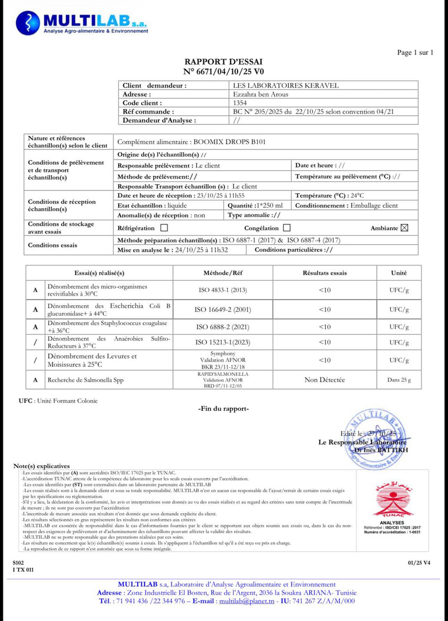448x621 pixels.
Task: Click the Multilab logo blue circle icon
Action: click(29, 22)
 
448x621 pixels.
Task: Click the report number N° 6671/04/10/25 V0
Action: click(223, 72)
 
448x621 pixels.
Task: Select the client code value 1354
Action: click(239, 103)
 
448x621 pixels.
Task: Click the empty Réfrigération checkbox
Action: click(164, 228)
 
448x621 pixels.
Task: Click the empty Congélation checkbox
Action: click(287, 228)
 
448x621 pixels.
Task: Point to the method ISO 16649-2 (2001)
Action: click(223, 309)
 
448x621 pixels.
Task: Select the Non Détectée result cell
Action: click(325, 380)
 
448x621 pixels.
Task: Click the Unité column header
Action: click(399, 273)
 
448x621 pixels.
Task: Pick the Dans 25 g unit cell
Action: click(399, 380)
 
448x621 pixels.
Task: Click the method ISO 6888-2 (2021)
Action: click(223, 326)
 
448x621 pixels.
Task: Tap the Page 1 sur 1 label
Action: click(415, 53)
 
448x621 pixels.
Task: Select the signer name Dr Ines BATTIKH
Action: click(381, 450)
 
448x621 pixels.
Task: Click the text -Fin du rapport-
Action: click(223, 409)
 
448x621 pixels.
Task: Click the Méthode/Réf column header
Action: click(223, 273)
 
